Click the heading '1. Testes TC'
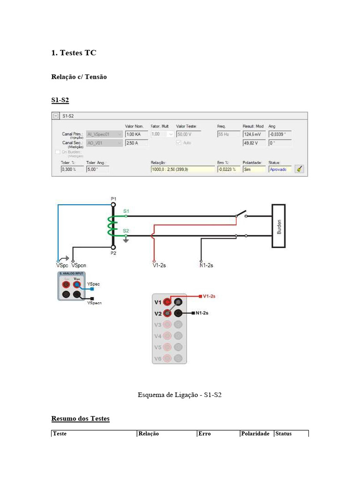74,53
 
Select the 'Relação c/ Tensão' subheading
79,76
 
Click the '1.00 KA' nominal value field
136,134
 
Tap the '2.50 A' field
136,143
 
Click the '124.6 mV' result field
254,134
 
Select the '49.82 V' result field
254,143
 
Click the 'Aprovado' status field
280,169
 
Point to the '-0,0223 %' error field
228,169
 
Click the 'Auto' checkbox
179,143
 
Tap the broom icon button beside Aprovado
299,169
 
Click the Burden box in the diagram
279,226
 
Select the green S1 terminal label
126,211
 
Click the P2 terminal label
113,253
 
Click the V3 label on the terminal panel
157,324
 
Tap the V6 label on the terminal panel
157,359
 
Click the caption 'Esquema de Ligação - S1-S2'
180,395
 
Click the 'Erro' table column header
205,434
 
